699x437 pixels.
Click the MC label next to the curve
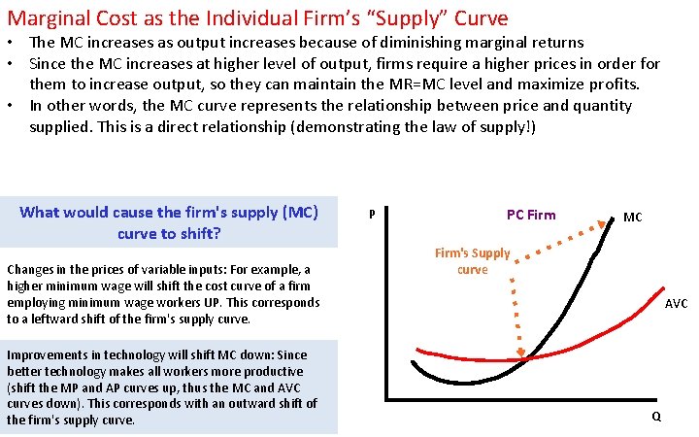[632, 218]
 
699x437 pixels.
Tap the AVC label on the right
[676, 304]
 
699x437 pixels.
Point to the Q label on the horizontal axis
[657, 417]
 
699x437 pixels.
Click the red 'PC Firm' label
[531, 215]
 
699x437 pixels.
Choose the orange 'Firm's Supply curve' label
[472, 261]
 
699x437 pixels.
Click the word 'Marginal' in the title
[46, 17]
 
